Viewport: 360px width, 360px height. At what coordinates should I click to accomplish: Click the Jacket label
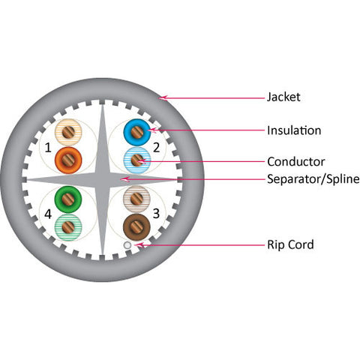point(283,97)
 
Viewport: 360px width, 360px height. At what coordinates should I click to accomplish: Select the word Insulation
point(294,130)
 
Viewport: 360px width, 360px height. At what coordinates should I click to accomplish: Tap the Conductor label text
point(296,162)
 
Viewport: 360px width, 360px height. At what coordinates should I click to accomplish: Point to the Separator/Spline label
point(313,179)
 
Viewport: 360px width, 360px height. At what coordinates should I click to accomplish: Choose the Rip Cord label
point(290,244)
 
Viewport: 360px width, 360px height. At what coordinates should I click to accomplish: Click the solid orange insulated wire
point(68,160)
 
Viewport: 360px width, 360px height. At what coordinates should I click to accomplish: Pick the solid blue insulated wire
point(137,133)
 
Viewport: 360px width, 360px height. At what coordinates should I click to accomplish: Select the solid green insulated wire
point(68,199)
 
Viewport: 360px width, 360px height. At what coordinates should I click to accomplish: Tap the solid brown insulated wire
point(136,227)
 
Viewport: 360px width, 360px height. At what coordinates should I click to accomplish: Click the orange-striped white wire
point(68,133)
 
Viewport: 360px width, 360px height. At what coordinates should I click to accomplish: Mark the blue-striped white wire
point(137,160)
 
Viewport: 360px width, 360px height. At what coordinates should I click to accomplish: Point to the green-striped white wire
point(68,227)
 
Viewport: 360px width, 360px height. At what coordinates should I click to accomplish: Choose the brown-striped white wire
point(136,199)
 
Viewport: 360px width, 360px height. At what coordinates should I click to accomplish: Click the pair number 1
point(48,148)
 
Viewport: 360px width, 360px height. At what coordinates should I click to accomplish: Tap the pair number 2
point(157,148)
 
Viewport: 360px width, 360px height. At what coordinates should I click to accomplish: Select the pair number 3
point(156,214)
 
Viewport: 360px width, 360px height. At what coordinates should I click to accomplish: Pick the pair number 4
point(48,214)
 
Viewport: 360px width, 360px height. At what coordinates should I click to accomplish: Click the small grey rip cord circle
point(127,245)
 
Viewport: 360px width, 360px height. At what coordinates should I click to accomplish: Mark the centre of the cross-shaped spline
point(103,179)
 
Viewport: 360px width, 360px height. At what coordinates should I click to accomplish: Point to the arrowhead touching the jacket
point(163,97)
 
